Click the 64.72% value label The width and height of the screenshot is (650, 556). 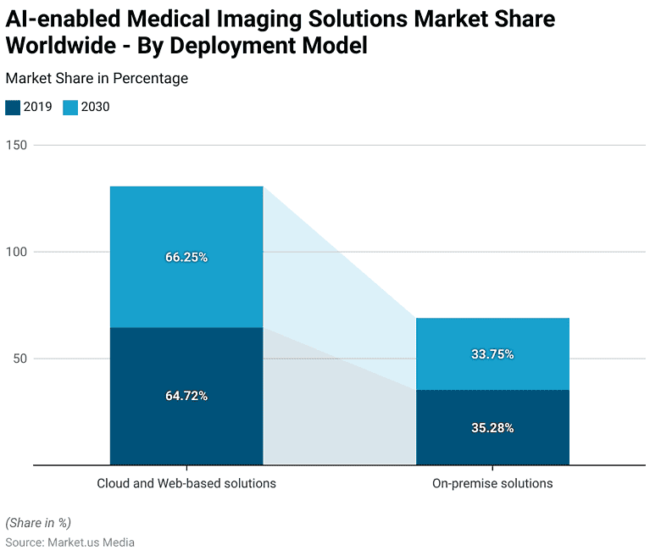186,396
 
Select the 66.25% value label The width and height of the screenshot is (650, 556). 186,257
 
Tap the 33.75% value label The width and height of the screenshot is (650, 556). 492,354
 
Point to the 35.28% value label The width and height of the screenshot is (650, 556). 492,428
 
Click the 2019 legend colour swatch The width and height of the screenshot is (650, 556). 13,107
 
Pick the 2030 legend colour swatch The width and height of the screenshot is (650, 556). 70,107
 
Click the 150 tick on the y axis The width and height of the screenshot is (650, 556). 17,145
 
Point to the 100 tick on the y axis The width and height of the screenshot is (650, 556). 17,252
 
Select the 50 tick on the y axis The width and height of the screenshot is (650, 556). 20,359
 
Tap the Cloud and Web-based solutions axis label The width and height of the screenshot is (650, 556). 186,483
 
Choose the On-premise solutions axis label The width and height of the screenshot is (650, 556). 492,483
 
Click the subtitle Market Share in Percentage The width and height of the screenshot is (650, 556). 97,78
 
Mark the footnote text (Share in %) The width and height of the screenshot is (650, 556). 38,522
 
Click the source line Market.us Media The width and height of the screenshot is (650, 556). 69,542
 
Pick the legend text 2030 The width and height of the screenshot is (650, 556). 96,107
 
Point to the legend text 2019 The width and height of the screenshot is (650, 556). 38,107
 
